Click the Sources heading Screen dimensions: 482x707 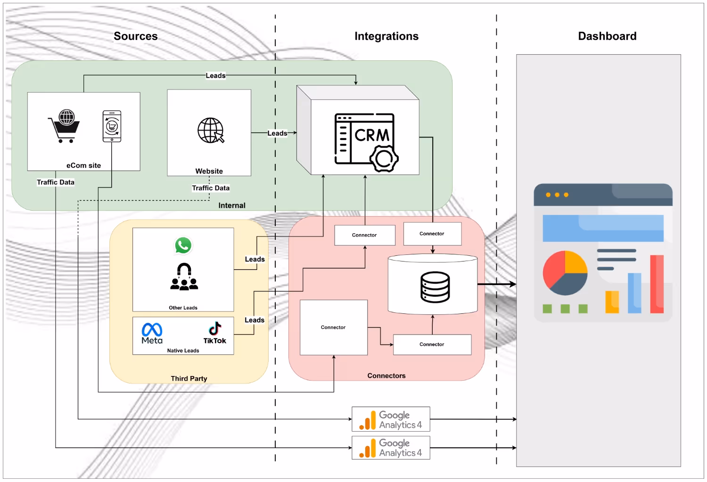click(x=136, y=36)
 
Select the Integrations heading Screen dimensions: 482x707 click(x=386, y=36)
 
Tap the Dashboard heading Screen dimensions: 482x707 click(x=607, y=36)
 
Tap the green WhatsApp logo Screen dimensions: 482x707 click(x=183, y=245)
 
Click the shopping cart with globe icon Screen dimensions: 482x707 click(x=64, y=126)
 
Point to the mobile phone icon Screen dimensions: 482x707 click(x=112, y=126)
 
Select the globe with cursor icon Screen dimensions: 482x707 click(x=211, y=131)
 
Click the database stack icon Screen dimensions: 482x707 click(x=435, y=286)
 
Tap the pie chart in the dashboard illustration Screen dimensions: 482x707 click(x=565, y=273)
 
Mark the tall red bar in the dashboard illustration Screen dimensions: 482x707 click(x=657, y=284)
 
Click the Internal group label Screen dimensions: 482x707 click(x=232, y=205)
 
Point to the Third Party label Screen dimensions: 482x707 click(x=189, y=378)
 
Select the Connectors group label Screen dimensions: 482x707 click(x=386, y=376)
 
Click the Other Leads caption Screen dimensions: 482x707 click(x=183, y=308)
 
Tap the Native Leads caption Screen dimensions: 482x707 click(x=183, y=351)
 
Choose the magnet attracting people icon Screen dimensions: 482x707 click(x=184, y=277)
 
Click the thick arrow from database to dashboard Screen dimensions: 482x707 click(x=497, y=284)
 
